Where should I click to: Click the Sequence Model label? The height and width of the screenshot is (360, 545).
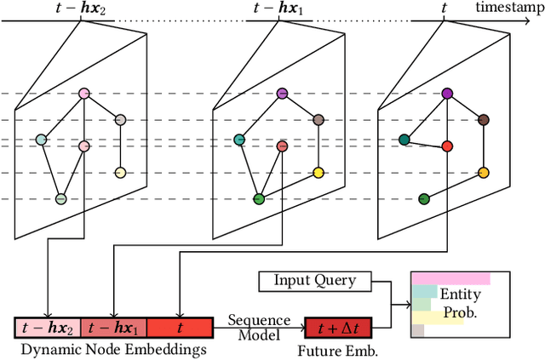[x=253, y=326]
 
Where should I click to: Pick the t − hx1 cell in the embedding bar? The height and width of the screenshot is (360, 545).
[x=113, y=327]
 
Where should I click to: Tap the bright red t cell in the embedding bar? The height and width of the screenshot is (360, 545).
[x=179, y=327]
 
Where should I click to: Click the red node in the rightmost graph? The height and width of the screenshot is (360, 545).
[x=448, y=146]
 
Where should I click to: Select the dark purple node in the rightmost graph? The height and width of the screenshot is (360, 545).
[x=447, y=94]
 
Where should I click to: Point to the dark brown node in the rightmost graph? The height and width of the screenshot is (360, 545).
[x=483, y=120]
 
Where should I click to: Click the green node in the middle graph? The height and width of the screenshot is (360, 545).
[x=259, y=199]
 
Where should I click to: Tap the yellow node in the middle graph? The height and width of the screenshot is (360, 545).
[x=318, y=173]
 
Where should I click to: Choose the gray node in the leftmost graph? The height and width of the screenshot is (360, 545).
[x=120, y=120]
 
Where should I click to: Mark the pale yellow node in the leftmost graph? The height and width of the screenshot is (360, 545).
[x=120, y=173]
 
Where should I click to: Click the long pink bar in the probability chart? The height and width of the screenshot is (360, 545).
[x=450, y=278]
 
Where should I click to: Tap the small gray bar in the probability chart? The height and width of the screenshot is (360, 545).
[x=417, y=330]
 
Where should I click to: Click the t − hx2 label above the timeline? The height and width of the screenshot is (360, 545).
[x=83, y=9]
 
